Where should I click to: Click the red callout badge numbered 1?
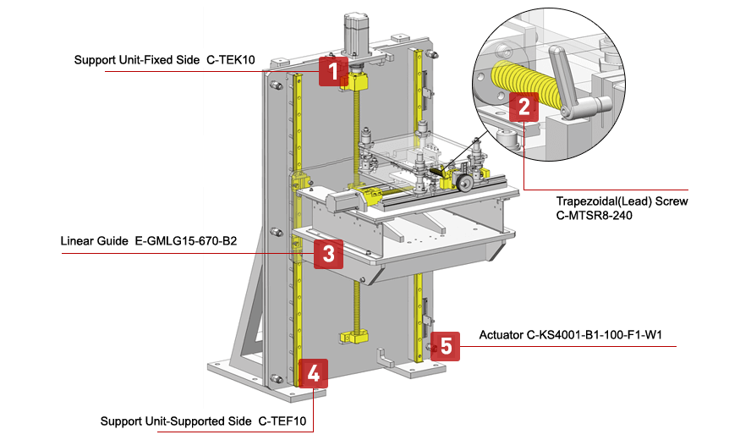334,71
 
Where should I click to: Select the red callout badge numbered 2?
524,107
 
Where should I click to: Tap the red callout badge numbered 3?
328,253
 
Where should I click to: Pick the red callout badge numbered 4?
313,373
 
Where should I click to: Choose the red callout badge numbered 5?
446,345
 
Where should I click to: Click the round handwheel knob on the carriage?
463,182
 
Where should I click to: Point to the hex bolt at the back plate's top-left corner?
276,85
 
